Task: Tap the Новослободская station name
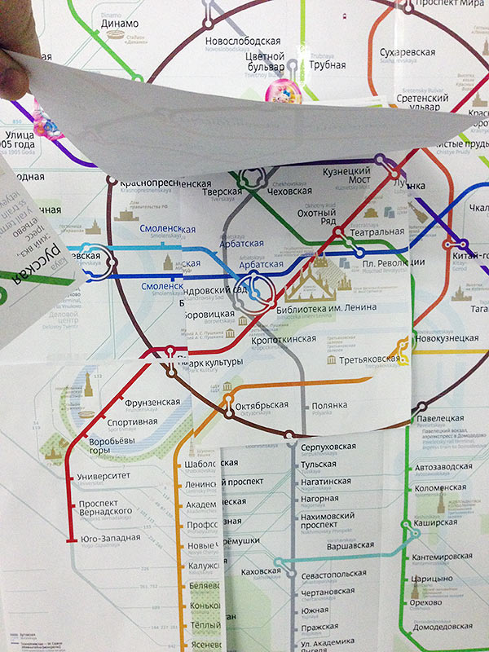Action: click(x=243, y=41)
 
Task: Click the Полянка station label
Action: click(x=329, y=405)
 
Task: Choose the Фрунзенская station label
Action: click(x=152, y=403)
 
